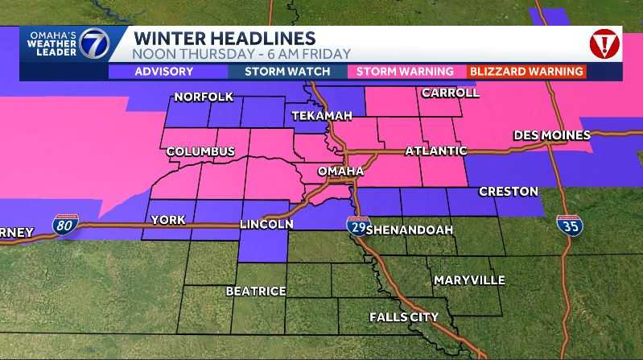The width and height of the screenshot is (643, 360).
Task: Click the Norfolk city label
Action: point(204,97)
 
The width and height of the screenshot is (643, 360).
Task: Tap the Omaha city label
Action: point(341,172)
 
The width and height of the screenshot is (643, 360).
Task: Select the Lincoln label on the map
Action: point(266,224)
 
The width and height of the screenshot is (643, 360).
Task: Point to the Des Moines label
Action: point(551,134)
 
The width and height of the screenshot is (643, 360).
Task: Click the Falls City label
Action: point(404,317)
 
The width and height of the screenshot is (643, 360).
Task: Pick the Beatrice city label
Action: point(256,291)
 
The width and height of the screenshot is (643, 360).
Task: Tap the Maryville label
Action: point(469,280)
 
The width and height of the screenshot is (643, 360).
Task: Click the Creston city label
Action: point(509,192)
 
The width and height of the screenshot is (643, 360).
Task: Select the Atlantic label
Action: point(435,151)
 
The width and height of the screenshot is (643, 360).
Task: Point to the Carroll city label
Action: point(450,93)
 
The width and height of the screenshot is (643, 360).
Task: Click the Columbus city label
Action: point(200,151)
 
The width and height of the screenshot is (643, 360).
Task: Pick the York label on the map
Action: point(167,220)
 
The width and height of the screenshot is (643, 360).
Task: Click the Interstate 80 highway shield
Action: point(65,225)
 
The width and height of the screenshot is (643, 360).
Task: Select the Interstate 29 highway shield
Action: point(357,226)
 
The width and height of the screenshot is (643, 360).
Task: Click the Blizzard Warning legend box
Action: point(526,72)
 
